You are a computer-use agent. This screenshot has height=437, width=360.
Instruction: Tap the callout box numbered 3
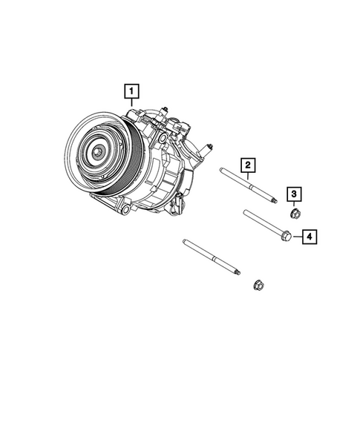click(x=295, y=194)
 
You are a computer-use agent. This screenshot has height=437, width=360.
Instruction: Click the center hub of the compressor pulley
click(x=97, y=151)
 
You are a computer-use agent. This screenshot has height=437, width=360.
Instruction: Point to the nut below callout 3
click(x=295, y=216)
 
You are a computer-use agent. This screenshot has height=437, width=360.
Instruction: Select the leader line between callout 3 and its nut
click(x=295, y=206)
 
